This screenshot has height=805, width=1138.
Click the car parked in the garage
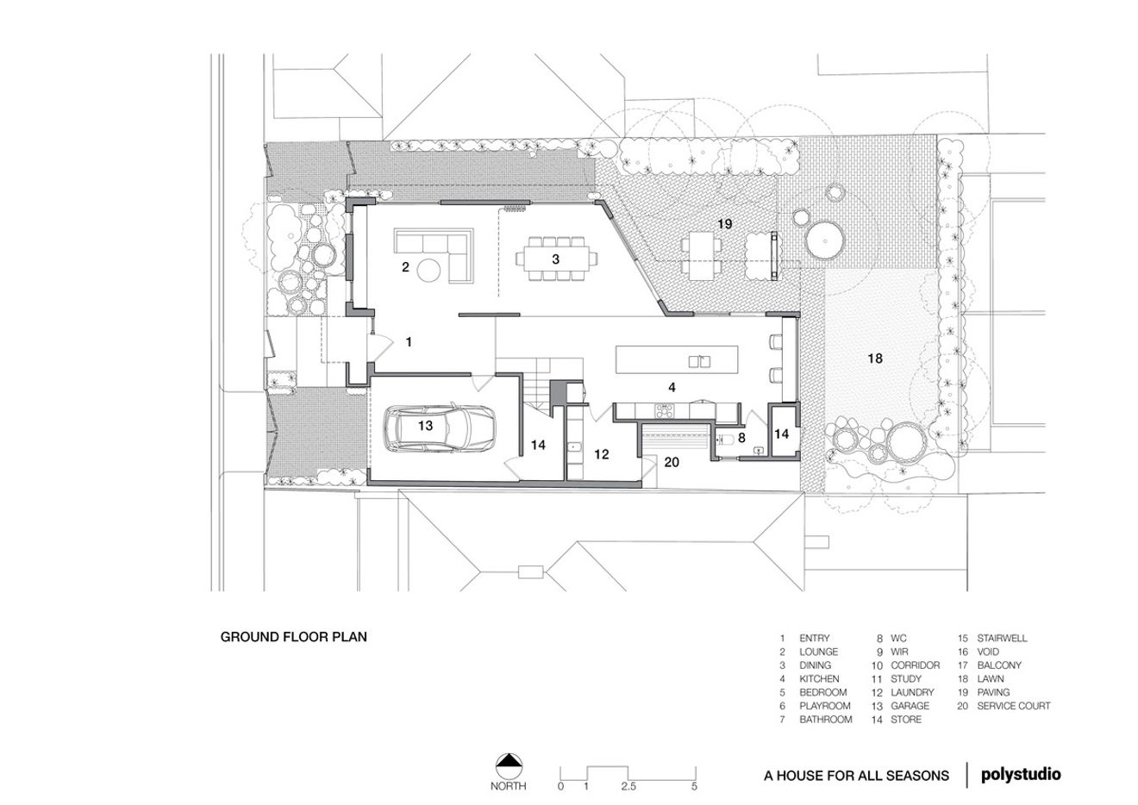click(x=440, y=427)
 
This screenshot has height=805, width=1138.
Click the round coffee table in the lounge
click(x=428, y=271)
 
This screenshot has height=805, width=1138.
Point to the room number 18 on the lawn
click(x=875, y=358)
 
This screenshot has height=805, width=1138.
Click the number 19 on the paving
click(x=724, y=223)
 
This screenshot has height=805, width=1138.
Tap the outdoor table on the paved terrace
click(x=700, y=255)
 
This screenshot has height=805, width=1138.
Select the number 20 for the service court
click(x=672, y=462)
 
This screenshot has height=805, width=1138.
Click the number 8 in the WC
click(x=741, y=437)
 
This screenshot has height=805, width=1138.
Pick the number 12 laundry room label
click(x=602, y=453)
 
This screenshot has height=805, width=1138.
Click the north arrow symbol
click(x=510, y=762)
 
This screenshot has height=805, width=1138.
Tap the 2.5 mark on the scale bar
click(x=628, y=786)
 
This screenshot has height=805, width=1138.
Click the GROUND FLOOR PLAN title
click(x=294, y=638)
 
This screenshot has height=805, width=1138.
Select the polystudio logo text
click(x=1021, y=774)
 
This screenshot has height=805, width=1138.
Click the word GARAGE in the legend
click(x=910, y=706)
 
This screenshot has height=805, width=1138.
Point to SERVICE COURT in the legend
click(x=1014, y=706)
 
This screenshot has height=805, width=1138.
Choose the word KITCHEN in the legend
click(x=819, y=679)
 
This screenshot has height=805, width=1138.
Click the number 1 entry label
click(x=409, y=342)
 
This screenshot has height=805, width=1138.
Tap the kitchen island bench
click(x=677, y=359)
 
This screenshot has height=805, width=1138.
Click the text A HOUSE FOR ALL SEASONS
click(x=856, y=776)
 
